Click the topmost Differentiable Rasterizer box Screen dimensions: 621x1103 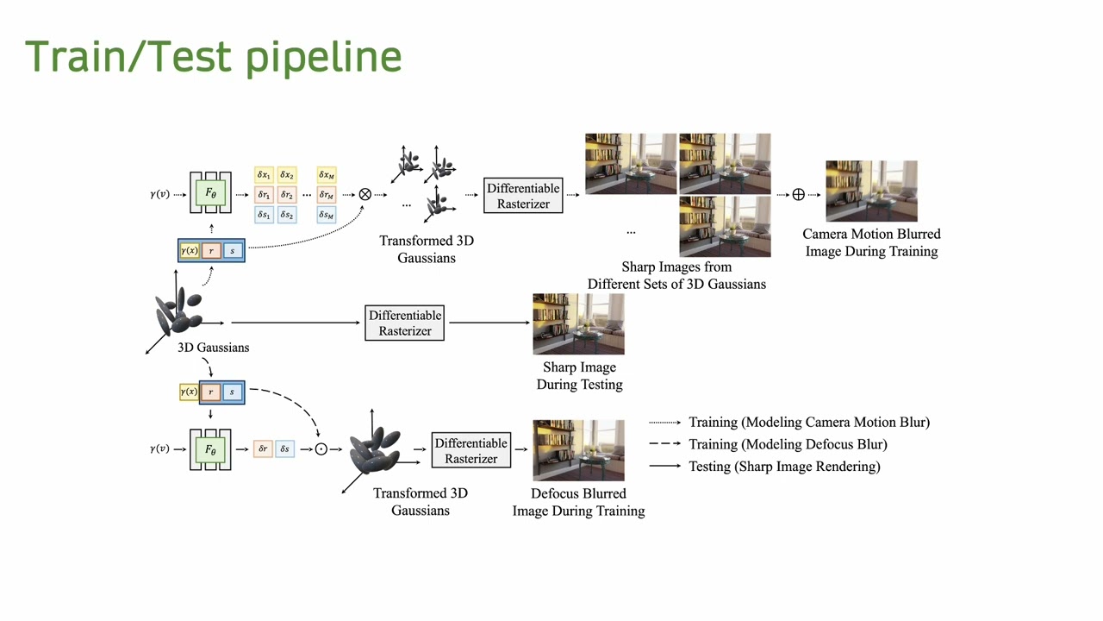[523, 196]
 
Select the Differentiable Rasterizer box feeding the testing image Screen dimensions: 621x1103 [404, 323]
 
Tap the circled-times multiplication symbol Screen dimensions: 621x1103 [365, 194]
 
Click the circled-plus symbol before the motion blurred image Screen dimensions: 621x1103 [798, 195]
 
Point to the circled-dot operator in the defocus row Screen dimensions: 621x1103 [321, 449]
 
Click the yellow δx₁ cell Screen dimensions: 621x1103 [264, 175]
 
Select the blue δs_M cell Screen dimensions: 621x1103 [326, 215]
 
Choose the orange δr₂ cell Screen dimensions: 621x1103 [287, 195]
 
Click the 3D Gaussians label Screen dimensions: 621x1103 [213, 348]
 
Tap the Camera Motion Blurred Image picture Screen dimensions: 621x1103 [871, 191]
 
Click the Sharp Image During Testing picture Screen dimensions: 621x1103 [578, 323]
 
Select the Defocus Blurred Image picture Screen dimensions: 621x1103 [578, 449]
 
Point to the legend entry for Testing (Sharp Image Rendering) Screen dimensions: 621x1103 [784, 467]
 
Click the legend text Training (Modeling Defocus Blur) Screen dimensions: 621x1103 [788, 444]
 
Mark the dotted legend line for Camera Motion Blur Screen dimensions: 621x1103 [665, 423]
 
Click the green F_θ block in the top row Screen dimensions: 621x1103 [210, 194]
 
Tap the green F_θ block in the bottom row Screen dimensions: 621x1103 [210, 449]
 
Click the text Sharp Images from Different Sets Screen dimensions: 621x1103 [676, 275]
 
